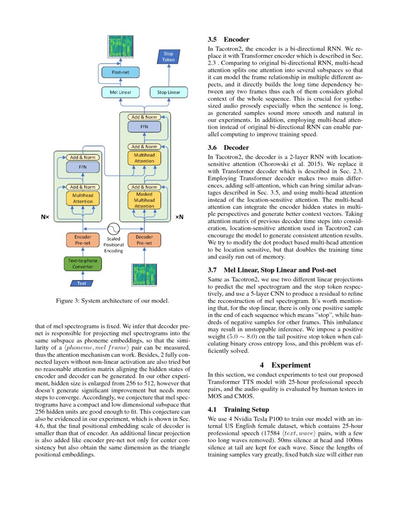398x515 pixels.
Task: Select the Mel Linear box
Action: [x=120, y=92]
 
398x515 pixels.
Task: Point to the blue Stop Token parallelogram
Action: [x=168, y=57]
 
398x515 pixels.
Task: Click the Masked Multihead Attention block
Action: [x=144, y=200]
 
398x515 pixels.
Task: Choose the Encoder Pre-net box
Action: [x=82, y=240]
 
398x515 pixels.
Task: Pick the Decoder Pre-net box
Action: [x=144, y=240]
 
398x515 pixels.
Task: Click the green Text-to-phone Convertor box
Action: [x=82, y=264]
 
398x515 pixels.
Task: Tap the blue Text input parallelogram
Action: [x=82, y=283]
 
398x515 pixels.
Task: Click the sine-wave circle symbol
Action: [x=113, y=228]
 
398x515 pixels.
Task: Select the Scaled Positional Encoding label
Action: [x=113, y=245]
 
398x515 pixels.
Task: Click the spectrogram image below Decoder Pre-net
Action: [x=144, y=275]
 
